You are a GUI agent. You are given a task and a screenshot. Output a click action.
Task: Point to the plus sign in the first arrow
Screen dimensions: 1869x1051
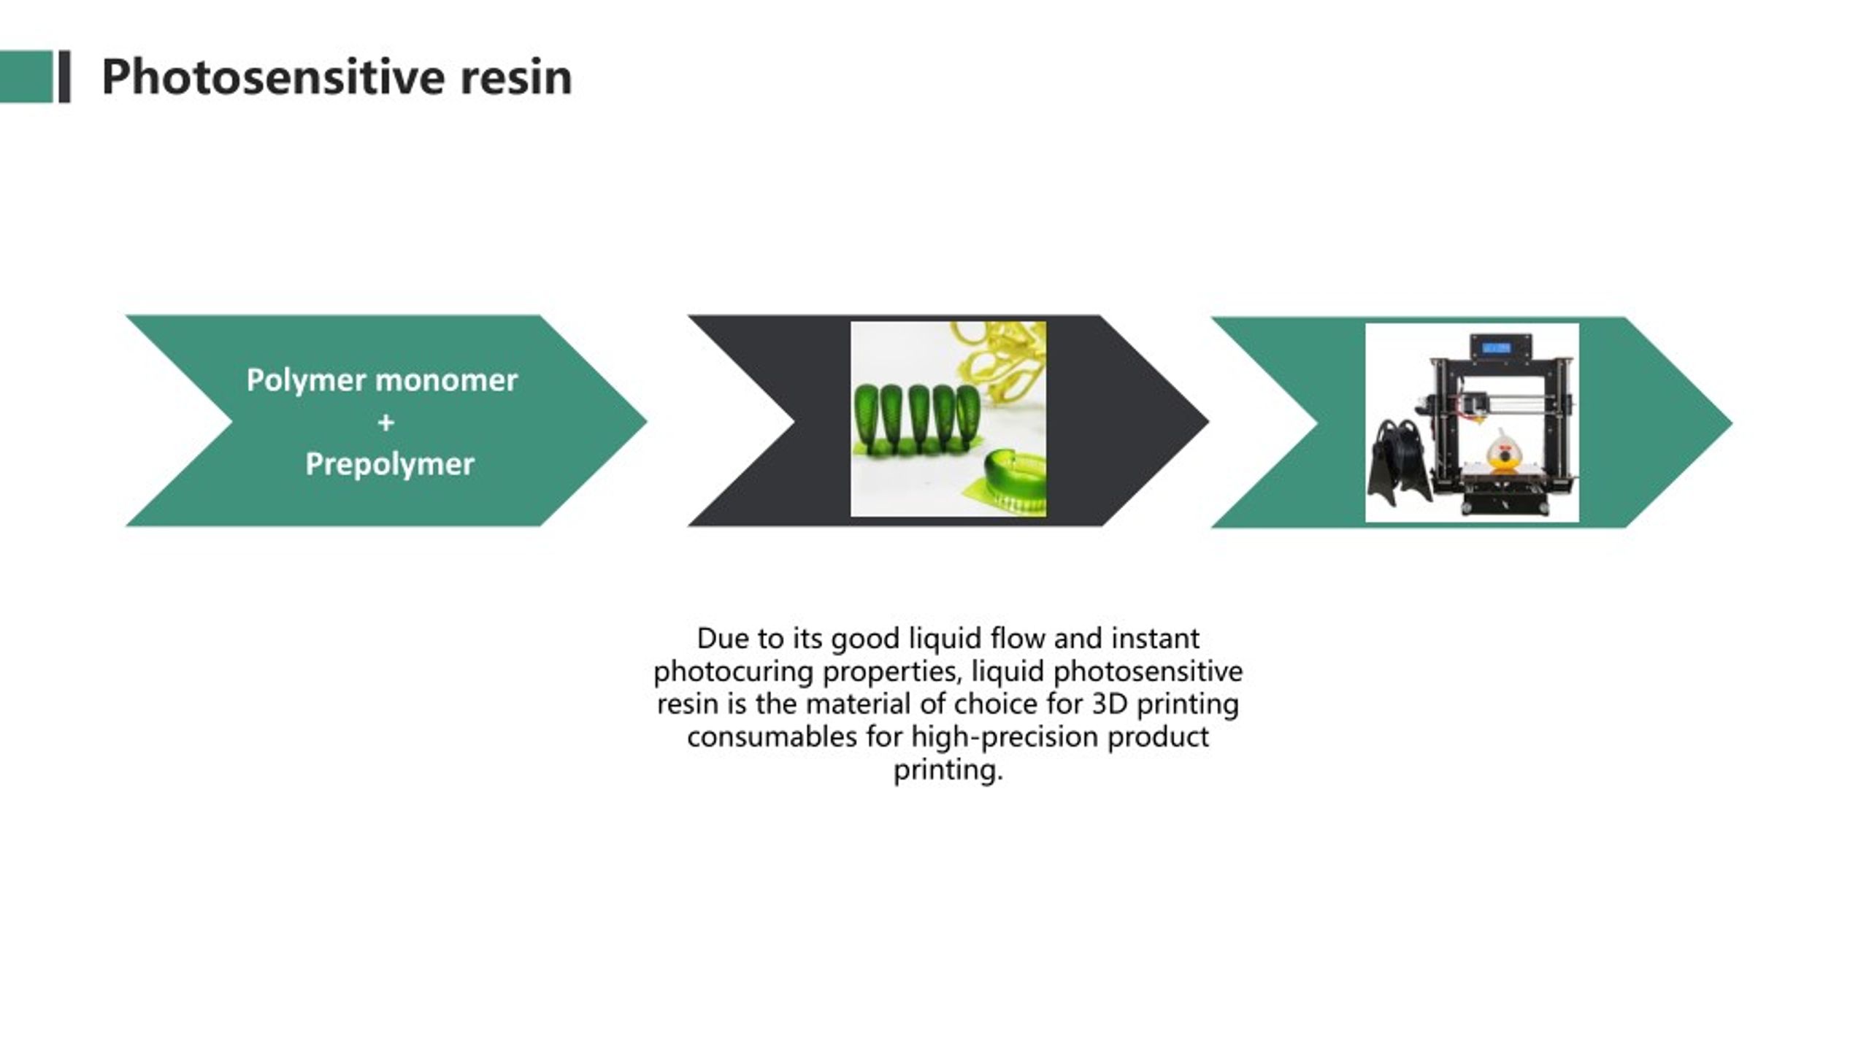[386, 423]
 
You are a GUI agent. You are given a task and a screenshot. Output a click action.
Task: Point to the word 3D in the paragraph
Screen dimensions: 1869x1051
[1110, 704]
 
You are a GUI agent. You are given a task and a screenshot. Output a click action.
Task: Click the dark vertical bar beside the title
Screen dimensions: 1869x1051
[64, 77]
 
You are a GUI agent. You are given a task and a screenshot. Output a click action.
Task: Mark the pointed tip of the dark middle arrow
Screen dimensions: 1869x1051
[1209, 421]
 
